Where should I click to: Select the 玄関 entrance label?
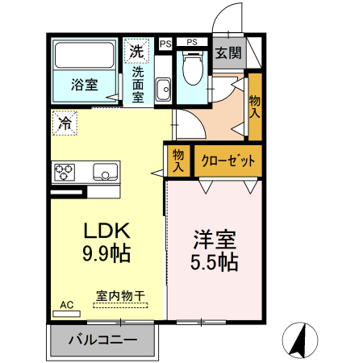228,53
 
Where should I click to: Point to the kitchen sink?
105,171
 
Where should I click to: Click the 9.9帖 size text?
106,253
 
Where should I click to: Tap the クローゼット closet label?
227,160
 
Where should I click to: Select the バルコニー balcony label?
102,339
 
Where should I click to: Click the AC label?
66,304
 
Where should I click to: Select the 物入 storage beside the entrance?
255,106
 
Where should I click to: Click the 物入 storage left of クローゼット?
178,160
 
